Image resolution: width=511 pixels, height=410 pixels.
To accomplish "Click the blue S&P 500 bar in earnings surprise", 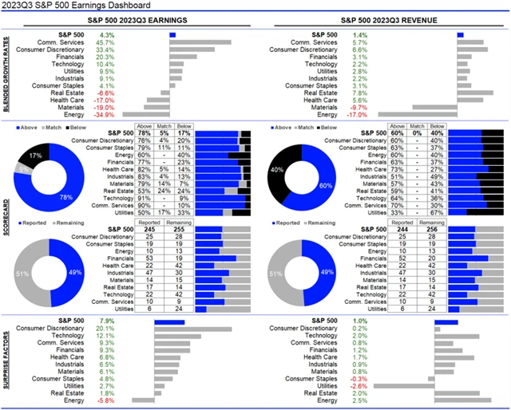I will pos(169,322).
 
